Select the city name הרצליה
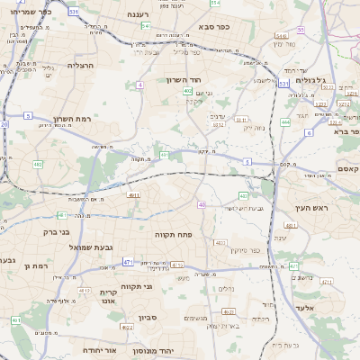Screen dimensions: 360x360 (x=81, y=66)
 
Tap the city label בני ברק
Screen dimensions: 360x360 (x=57, y=231)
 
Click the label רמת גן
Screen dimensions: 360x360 (x=32, y=266)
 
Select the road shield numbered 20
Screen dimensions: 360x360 (x=4, y=123)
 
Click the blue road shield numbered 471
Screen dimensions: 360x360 (x=128, y=262)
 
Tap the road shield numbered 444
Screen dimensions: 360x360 (x=284, y=121)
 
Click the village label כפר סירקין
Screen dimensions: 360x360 (x=245, y=250)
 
